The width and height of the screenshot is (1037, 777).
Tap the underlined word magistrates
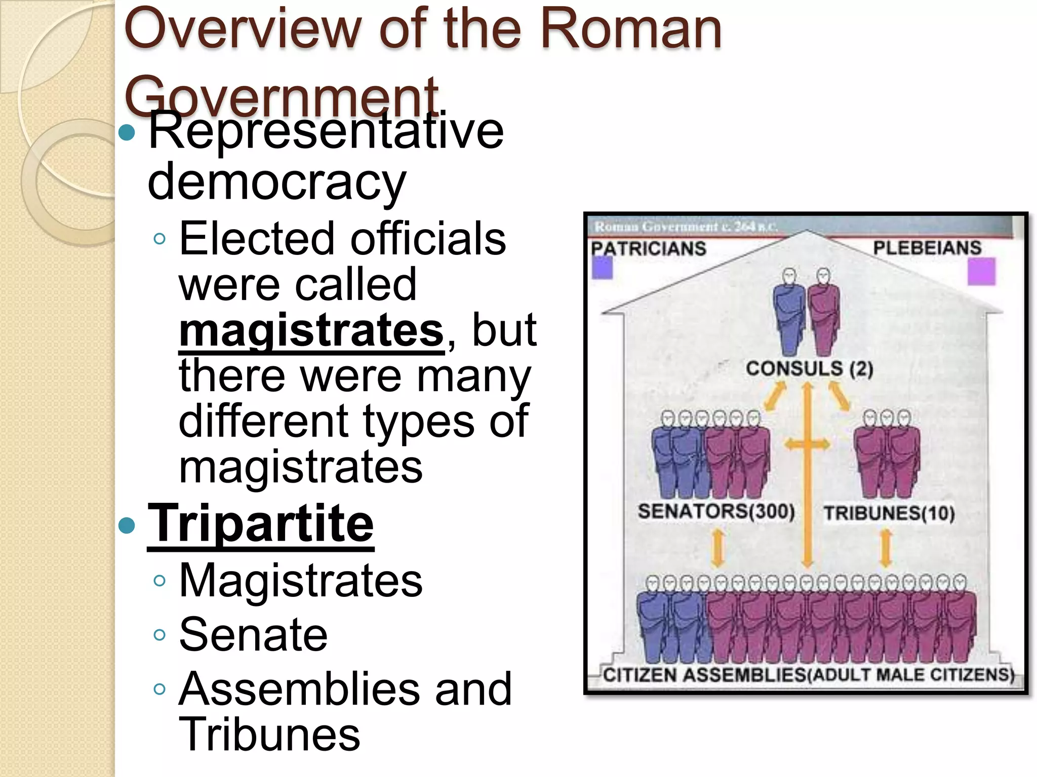(311, 330)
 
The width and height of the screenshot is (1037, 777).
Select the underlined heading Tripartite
(261, 524)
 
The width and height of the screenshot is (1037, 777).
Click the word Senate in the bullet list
(253, 635)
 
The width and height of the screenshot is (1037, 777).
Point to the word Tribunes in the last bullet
(269, 735)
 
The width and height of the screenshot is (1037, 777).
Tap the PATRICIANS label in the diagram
(649, 248)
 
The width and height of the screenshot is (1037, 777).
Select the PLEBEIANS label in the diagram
(927, 248)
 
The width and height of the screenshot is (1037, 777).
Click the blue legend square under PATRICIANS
(603, 268)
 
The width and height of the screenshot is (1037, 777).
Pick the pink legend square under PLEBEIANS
(981, 272)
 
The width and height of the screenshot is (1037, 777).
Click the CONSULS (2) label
(809, 368)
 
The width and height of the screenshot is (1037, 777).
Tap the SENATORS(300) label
(716, 511)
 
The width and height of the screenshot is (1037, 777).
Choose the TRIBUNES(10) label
(889, 513)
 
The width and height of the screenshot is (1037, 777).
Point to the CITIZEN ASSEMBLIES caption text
(809, 675)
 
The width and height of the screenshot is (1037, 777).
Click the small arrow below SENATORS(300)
(717, 548)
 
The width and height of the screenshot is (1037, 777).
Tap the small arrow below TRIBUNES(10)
(886, 548)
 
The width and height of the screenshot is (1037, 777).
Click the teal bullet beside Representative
(127, 133)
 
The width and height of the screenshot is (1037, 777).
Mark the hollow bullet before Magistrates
(159, 581)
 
